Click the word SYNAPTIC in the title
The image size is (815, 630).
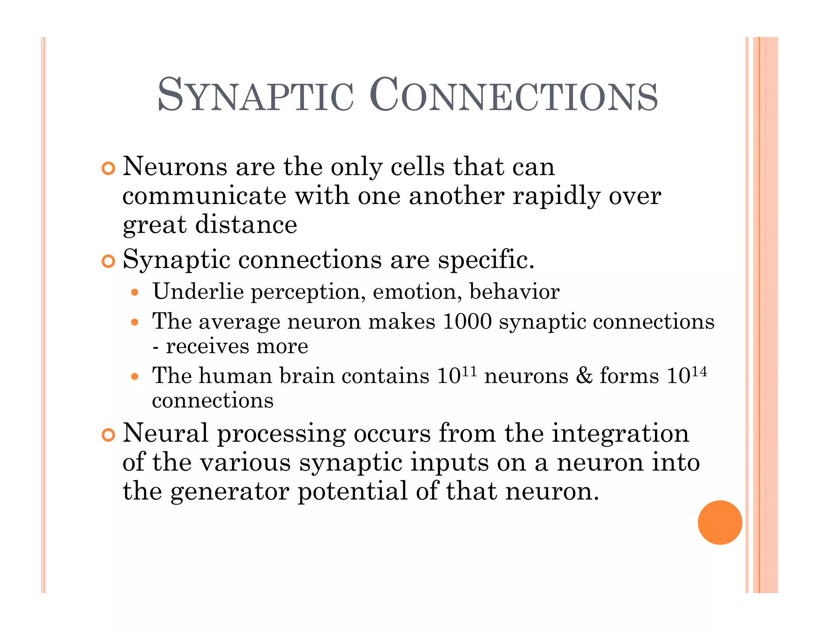click(x=255, y=95)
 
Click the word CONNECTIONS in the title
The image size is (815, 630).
click(x=513, y=95)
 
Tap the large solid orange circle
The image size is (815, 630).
click(x=719, y=522)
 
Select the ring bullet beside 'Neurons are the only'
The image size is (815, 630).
click(x=108, y=168)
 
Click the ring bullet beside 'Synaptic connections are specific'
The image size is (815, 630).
click(x=108, y=261)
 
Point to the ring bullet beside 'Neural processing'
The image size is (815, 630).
click(x=108, y=435)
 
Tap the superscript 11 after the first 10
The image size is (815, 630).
click(x=470, y=371)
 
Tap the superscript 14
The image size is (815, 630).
click(x=699, y=371)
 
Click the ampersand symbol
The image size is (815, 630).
click(x=584, y=375)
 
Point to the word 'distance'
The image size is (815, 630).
click(x=246, y=225)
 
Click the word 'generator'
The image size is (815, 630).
click(x=230, y=492)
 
